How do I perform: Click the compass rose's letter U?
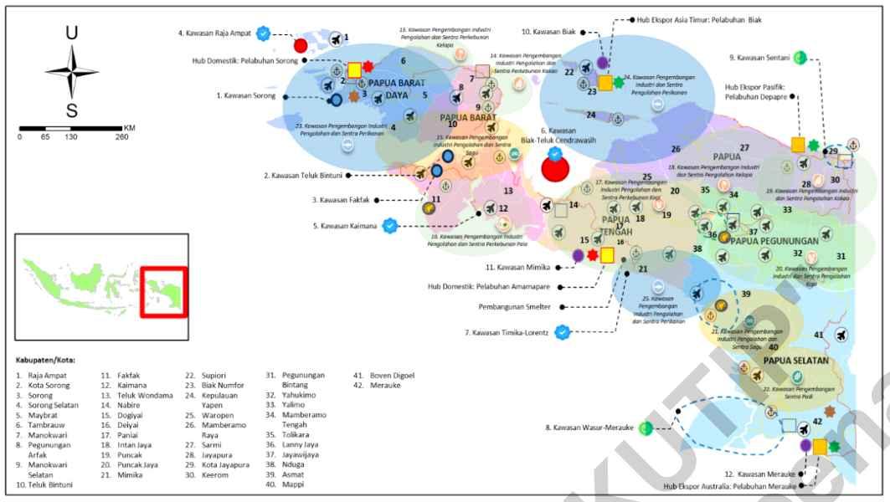(x=72, y=33)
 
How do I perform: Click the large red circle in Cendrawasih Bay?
(x=555, y=167)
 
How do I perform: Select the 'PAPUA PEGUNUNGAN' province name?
(x=774, y=241)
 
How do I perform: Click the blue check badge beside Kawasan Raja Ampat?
(x=264, y=33)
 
